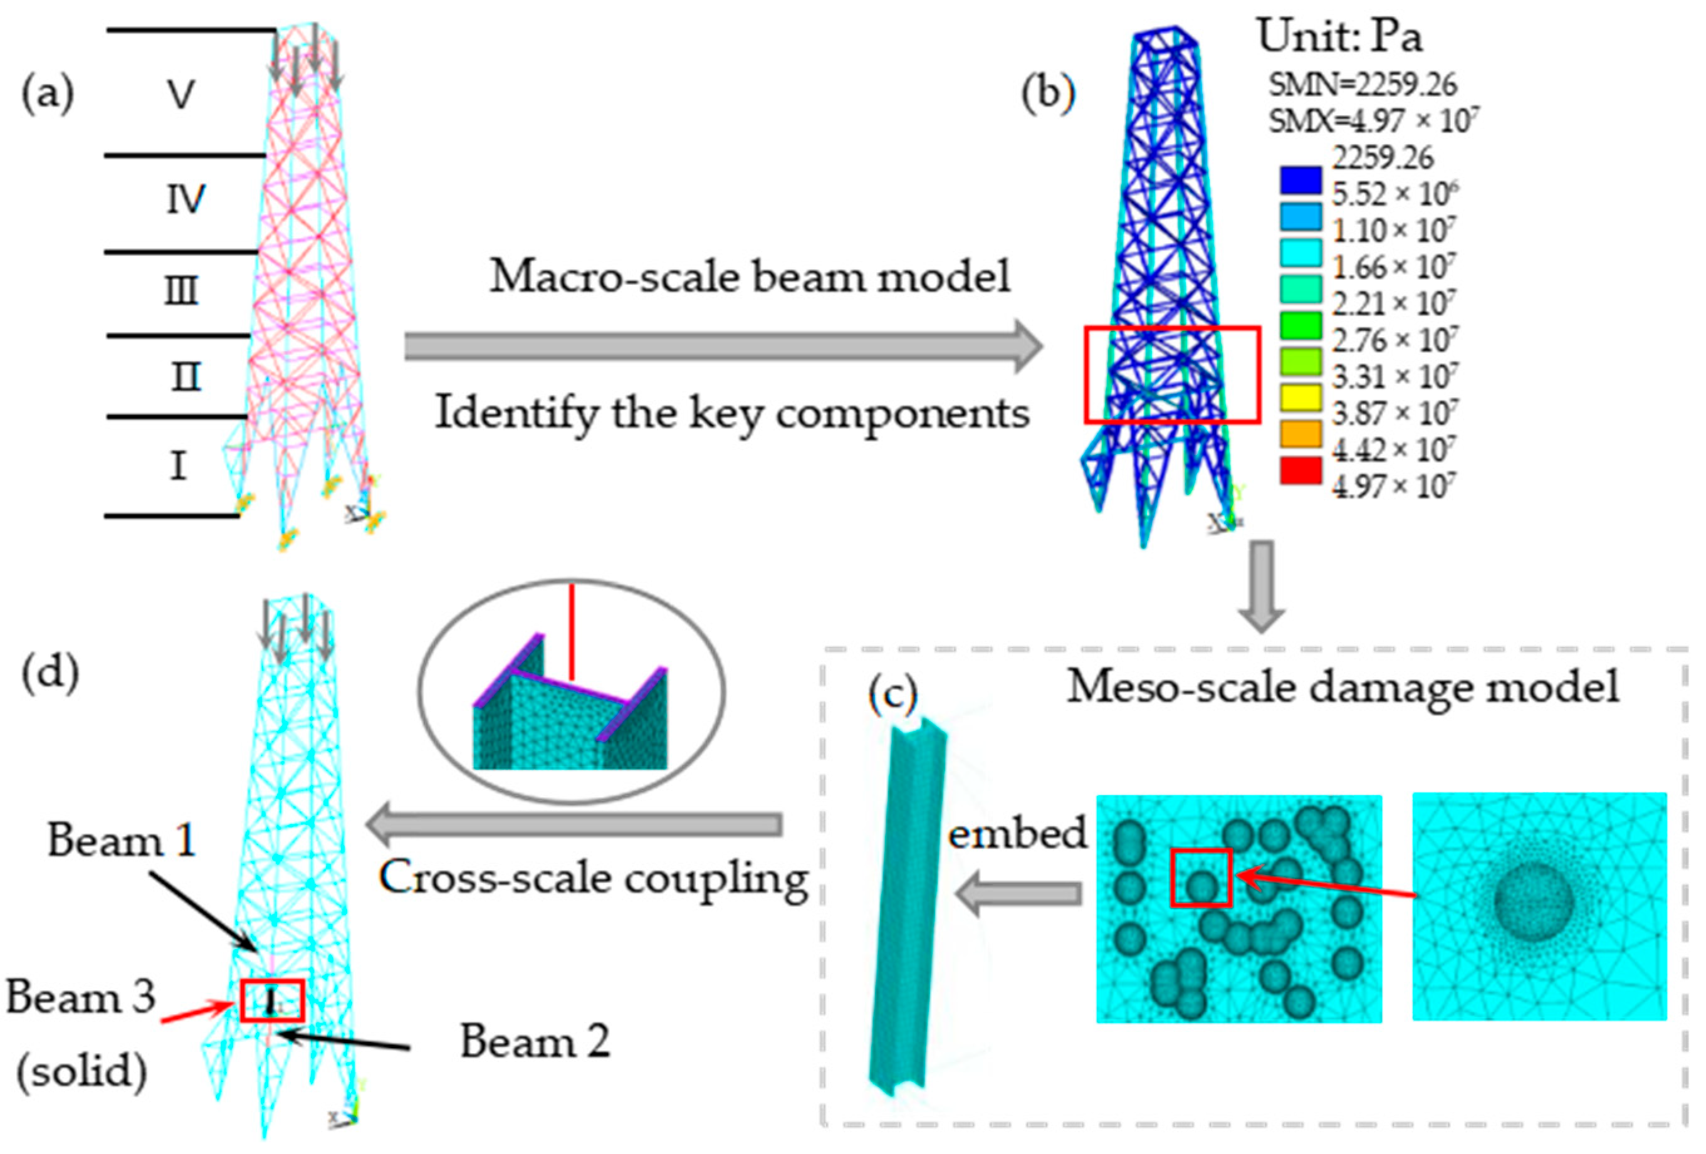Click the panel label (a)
pyautogui.click(x=48, y=95)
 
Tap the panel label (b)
pyautogui.click(x=1049, y=95)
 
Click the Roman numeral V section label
pyautogui.click(x=181, y=94)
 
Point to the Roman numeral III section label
pyautogui.click(x=181, y=291)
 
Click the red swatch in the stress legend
pyautogui.click(x=1300, y=471)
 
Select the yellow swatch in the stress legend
pyautogui.click(x=1300, y=398)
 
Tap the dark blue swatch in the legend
pyautogui.click(x=1300, y=181)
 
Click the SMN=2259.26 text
pyautogui.click(x=1363, y=85)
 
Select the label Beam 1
pyautogui.click(x=122, y=839)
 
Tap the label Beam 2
pyautogui.click(x=535, y=1041)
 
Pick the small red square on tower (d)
pyautogui.click(x=271, y=1000)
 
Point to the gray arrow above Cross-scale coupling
pyautogui.click(x=575, y=824)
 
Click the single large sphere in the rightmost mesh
pyautogui.click(x=1534, y=902)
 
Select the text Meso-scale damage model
pyautogui.click(x=1342, y=687)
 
